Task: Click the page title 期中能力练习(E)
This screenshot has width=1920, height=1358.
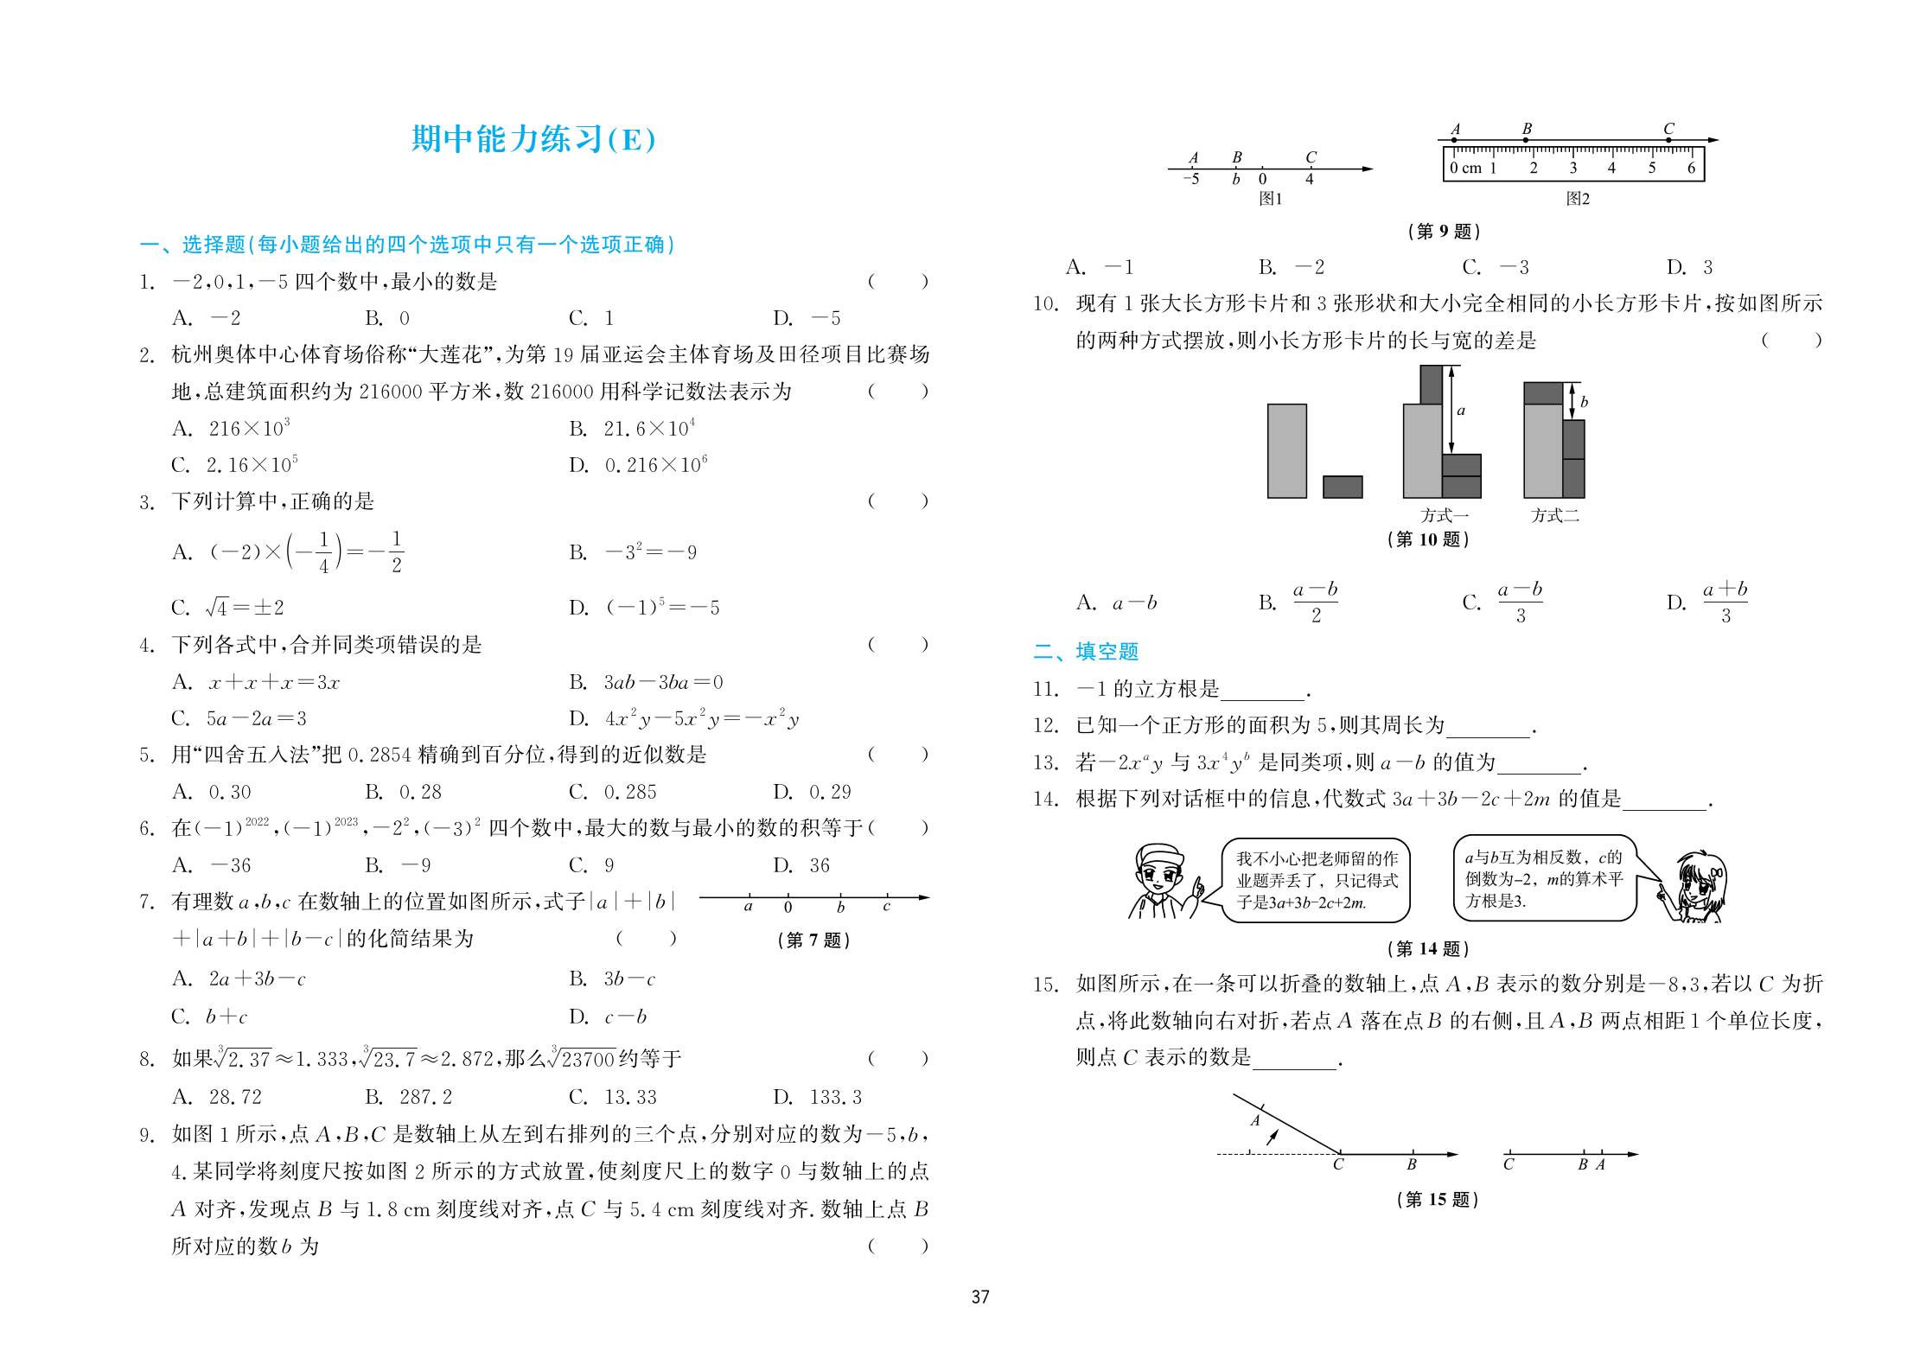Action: (533, 139)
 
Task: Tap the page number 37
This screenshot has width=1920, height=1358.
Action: (979, 1297)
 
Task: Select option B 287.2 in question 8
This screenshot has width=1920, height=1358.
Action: (408, 1097)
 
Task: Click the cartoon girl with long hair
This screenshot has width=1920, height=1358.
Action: (1696, 887)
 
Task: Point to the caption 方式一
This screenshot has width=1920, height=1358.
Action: (1444, 516)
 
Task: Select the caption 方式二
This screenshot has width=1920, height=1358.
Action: (1554, 516)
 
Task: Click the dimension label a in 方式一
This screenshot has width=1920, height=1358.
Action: (1461, 411)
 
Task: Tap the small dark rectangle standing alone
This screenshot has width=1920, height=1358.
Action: (1342, 487)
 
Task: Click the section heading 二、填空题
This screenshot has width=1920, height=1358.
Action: (1086, 652)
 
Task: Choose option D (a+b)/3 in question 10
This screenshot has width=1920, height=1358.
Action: (1707, 602)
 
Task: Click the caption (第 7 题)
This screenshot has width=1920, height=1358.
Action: (813, 940)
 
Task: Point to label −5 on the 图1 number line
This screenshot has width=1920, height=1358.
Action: (1191, 179)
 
